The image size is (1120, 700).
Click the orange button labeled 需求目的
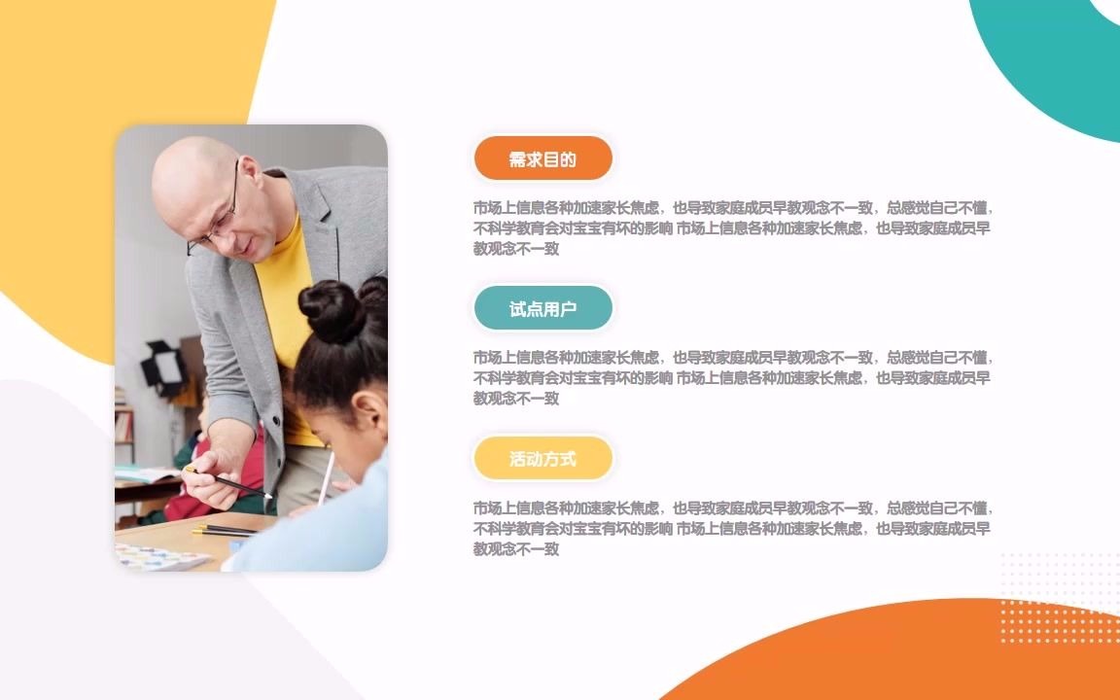point(542,159)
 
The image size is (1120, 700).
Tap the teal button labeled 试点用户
point(542,309)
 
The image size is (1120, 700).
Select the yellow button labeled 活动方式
point(542,459)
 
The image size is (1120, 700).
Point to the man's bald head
point(190,170)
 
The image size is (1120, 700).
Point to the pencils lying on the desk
point(224,530)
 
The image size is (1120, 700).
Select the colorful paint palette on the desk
point(160,557)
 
